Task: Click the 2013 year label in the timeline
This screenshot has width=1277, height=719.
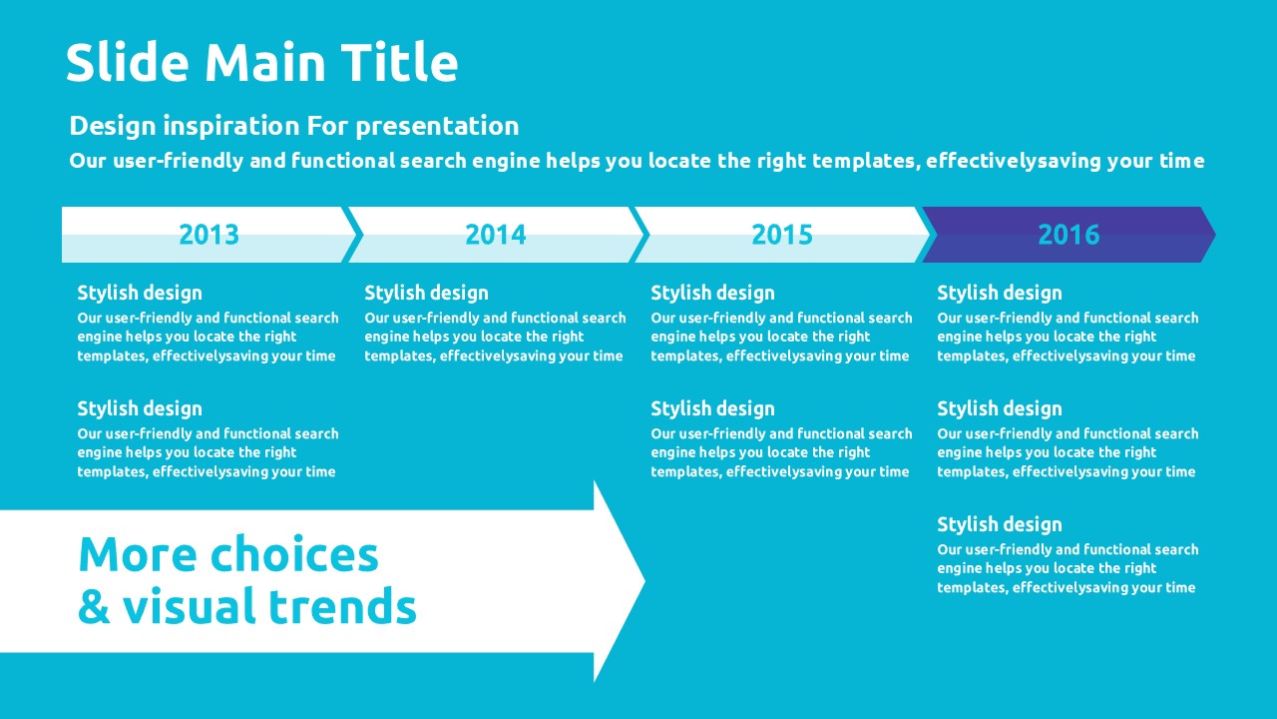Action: point(209,235)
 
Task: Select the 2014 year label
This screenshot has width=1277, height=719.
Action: point(496,235)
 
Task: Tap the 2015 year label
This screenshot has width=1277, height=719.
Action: point(782,235)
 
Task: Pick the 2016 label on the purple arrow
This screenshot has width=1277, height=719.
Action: point(1068,235)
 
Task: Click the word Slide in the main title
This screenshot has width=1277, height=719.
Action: point(127,62)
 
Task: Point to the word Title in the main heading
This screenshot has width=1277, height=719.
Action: point(400,62)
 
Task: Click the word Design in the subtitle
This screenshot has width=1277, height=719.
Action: point(113,127)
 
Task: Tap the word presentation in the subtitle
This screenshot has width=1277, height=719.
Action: point(437,127)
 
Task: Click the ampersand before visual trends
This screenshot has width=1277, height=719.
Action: point(94,605)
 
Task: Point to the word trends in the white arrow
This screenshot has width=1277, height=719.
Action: point(342,605)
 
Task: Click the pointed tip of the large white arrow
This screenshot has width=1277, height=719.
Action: point(644,581)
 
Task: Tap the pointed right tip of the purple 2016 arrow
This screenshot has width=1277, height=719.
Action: point(1215,235)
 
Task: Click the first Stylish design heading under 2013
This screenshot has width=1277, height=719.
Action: point(140,294)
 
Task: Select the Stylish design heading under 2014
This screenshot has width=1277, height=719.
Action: point(426,294)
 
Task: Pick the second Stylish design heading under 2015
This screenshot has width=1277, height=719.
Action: point(712,409)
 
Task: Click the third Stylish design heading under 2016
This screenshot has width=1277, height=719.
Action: point(1000,525)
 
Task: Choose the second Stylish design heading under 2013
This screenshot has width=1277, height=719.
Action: point(140,409)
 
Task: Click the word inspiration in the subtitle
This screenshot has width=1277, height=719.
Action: point(231,127)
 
